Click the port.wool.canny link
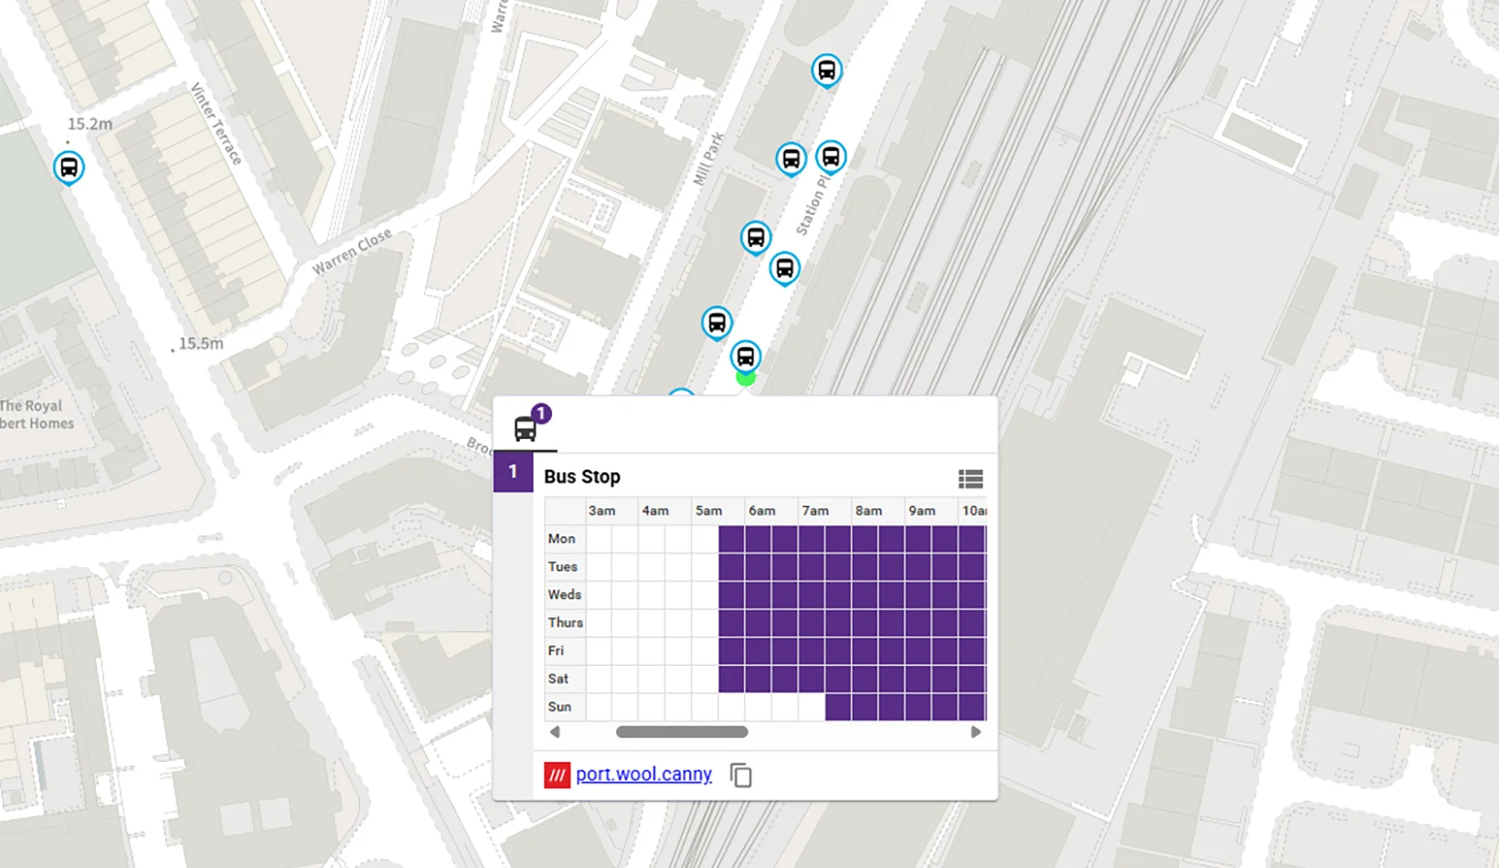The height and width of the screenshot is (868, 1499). (643, 774)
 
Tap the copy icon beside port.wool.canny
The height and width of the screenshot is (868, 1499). (741, 776)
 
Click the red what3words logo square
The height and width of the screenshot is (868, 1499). (557, 775)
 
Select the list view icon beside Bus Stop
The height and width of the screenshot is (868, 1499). (970, 478)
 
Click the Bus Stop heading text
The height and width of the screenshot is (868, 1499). (582, 477)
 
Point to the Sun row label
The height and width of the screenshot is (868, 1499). (559, 707)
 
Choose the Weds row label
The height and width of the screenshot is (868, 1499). (564, 595)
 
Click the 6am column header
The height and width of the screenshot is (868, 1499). (761, 510)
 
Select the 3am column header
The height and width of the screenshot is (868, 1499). (601, 510)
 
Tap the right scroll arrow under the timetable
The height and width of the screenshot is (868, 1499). (975, 732)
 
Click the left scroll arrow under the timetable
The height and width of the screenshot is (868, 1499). (555, 732)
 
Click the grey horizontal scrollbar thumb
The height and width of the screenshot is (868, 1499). (682, 732)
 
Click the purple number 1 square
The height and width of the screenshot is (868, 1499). (513, 472)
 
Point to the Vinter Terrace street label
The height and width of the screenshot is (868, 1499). (217, 124)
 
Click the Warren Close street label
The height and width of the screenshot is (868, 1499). (352, 251)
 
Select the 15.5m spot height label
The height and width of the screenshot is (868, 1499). (200, 344)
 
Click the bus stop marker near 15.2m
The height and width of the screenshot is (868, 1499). (69, 167)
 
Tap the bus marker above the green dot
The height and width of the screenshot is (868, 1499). (745, 356)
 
